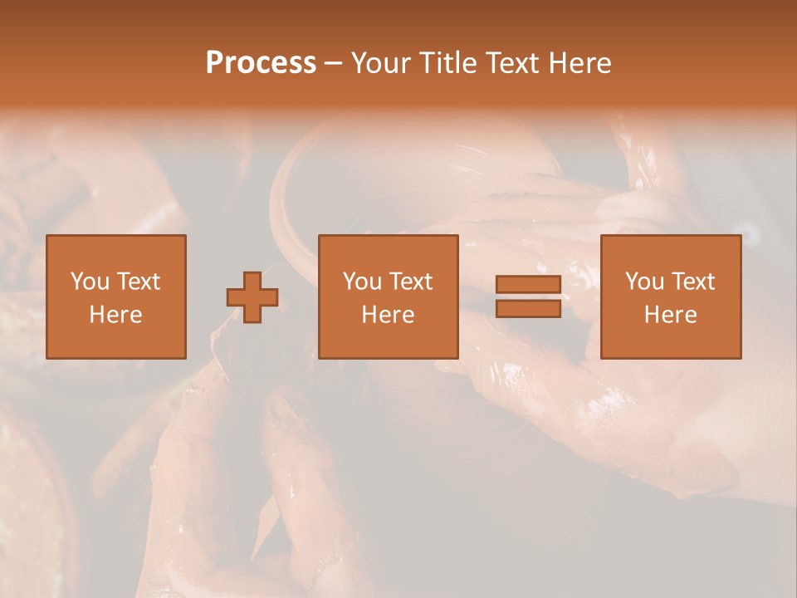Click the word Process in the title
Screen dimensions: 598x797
261,63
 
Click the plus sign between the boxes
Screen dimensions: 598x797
253,297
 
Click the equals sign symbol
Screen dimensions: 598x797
528,297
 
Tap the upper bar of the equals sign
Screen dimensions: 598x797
528,285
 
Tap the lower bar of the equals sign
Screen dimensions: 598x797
528,308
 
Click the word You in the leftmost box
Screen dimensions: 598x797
90,282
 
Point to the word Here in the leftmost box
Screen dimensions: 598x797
116,315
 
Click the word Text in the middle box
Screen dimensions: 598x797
410,282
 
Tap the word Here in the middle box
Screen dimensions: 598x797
389,315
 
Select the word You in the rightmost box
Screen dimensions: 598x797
644,282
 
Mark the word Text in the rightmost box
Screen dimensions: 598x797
692,282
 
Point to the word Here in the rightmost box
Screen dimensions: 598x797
671,315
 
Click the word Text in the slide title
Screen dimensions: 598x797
509,63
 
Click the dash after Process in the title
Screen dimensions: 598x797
333,64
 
